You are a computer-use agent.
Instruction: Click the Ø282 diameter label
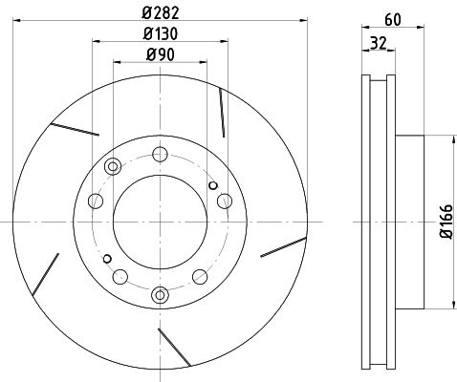(161, 12)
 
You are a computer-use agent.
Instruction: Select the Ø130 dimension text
(160, 33)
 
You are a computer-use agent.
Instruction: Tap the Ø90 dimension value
(161, 54)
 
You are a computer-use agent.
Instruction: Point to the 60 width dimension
(393, 20)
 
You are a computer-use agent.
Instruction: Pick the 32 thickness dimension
(379, 43)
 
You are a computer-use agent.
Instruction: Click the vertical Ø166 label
(446, 222)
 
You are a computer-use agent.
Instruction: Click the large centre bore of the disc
(160, 222)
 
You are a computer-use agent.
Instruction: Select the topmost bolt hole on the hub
(160, 155)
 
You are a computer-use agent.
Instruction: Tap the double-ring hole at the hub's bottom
(160, 295)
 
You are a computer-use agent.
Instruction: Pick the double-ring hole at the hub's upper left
(113, 166)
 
